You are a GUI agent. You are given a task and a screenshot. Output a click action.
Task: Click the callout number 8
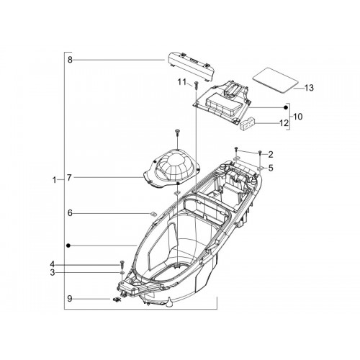coord(70,60)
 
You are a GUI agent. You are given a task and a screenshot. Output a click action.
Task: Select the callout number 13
coord(309,88)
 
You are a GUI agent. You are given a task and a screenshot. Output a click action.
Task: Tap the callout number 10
coord(298,117)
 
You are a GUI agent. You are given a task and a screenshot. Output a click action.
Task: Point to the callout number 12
coord(284,123)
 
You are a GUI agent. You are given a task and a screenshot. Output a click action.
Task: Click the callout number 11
coord(182,82)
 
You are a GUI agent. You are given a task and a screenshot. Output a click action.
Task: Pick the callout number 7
coord(69,178)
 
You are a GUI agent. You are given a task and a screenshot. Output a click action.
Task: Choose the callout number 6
coord(70,213)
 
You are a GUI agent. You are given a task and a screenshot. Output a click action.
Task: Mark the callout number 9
coord(70,299)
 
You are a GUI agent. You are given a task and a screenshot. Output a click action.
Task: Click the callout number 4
coord(53,264)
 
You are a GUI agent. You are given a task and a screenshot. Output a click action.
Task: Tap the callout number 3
coord(53,273)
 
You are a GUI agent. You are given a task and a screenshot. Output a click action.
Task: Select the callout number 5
coord(271,168)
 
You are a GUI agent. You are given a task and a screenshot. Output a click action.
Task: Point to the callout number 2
coord(271,155)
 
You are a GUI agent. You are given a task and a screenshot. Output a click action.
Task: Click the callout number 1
coord(55,180)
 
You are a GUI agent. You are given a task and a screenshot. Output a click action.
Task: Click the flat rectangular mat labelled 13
coord(275,81)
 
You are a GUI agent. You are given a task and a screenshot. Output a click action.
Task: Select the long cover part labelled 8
coord(189,66)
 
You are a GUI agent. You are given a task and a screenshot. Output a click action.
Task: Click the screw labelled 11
coord(197,86)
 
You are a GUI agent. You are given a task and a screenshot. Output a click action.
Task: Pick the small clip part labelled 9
coord(117,300)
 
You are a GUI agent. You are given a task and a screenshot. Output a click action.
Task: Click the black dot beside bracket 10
coord(286,107)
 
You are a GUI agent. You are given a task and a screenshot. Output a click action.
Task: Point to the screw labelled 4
coord(122,264)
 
